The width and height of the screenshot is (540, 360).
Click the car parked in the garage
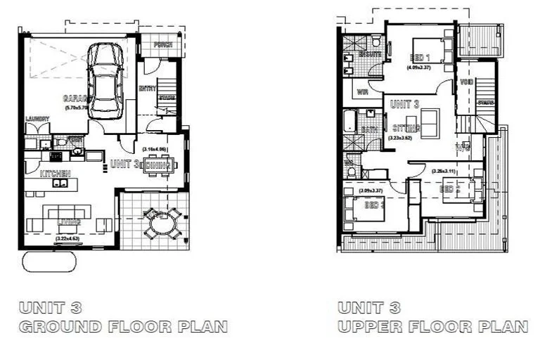(x=105, y=80)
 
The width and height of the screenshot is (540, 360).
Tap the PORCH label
(x=163, y=45)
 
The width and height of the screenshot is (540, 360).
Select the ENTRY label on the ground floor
(x=148, y=89)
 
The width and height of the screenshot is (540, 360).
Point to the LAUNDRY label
(x=37, y=119)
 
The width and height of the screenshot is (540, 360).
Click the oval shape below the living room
(x=49, y=261)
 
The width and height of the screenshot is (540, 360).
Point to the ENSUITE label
(x=370, y=54)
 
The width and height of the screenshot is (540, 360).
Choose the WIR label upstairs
(x=364, y=92)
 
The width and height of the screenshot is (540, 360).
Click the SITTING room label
(x=406, y=128)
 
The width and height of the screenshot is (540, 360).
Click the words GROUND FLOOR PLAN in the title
(x=122, y=327)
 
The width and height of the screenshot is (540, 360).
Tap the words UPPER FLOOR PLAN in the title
(x=432, y=327)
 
